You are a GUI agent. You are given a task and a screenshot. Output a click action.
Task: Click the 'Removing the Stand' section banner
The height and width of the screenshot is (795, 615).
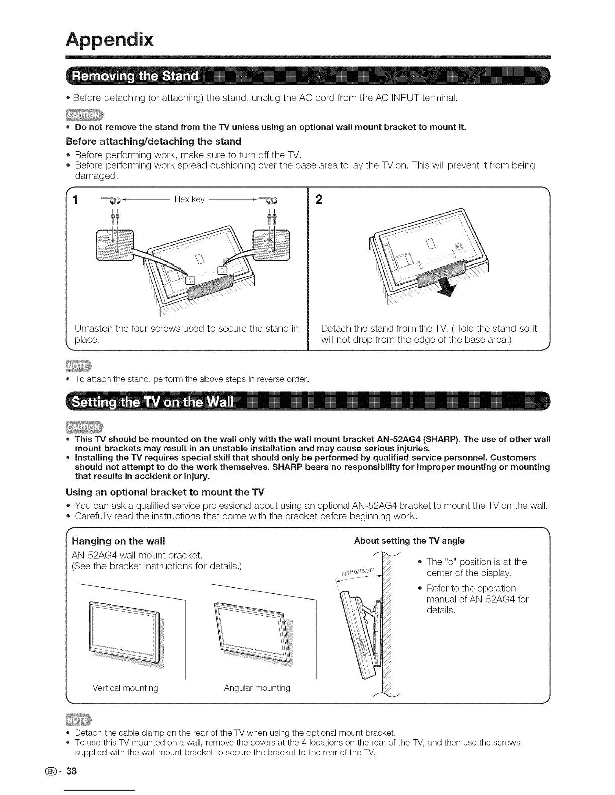tap(136, 77)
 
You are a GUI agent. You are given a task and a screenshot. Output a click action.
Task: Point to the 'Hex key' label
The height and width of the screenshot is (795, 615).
tap(189, 199)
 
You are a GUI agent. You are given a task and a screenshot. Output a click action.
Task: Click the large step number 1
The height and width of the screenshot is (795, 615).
tap(76, 200)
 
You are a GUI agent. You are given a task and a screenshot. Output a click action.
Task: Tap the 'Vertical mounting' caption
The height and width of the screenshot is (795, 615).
tap(125, 688)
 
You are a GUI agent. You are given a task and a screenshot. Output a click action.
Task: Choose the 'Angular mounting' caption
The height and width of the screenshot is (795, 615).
tap(257, 688)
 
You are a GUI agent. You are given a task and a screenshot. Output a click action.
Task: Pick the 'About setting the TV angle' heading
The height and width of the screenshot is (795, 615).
tap(409, 541)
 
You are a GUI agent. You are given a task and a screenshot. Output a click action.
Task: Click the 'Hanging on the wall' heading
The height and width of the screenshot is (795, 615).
tap(119, 541)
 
